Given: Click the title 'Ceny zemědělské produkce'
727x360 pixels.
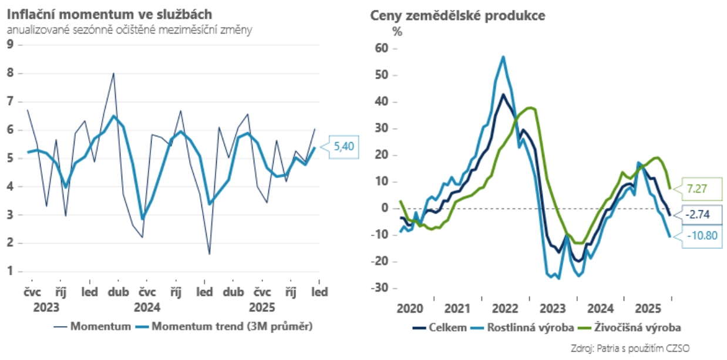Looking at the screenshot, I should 458,16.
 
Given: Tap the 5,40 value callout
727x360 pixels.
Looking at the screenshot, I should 343,147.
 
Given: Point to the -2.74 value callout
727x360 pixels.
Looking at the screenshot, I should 697,215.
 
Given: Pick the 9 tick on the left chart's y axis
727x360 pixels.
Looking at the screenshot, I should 10,45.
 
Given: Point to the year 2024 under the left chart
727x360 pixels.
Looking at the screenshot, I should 147,306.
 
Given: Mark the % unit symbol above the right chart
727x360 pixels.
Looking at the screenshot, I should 398,32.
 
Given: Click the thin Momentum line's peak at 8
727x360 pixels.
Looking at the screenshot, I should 113,73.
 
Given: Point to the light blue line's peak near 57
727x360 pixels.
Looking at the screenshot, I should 503,56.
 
